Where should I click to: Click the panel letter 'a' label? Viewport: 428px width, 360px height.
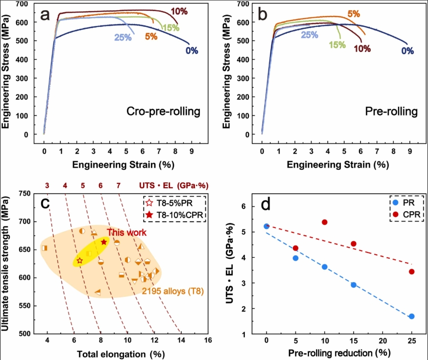45,15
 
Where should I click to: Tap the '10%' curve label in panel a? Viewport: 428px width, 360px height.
179,10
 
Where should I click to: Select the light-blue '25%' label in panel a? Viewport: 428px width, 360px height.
122,37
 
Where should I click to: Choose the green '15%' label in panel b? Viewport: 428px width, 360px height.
337,45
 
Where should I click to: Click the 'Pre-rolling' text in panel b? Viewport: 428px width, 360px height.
391,112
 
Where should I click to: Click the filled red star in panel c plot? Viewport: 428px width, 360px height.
104,242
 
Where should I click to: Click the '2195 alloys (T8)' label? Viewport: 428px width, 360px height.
172,291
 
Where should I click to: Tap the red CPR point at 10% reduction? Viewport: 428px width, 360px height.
324,222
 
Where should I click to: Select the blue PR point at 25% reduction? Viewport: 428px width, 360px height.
411,316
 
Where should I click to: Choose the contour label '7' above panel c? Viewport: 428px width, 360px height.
118,185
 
